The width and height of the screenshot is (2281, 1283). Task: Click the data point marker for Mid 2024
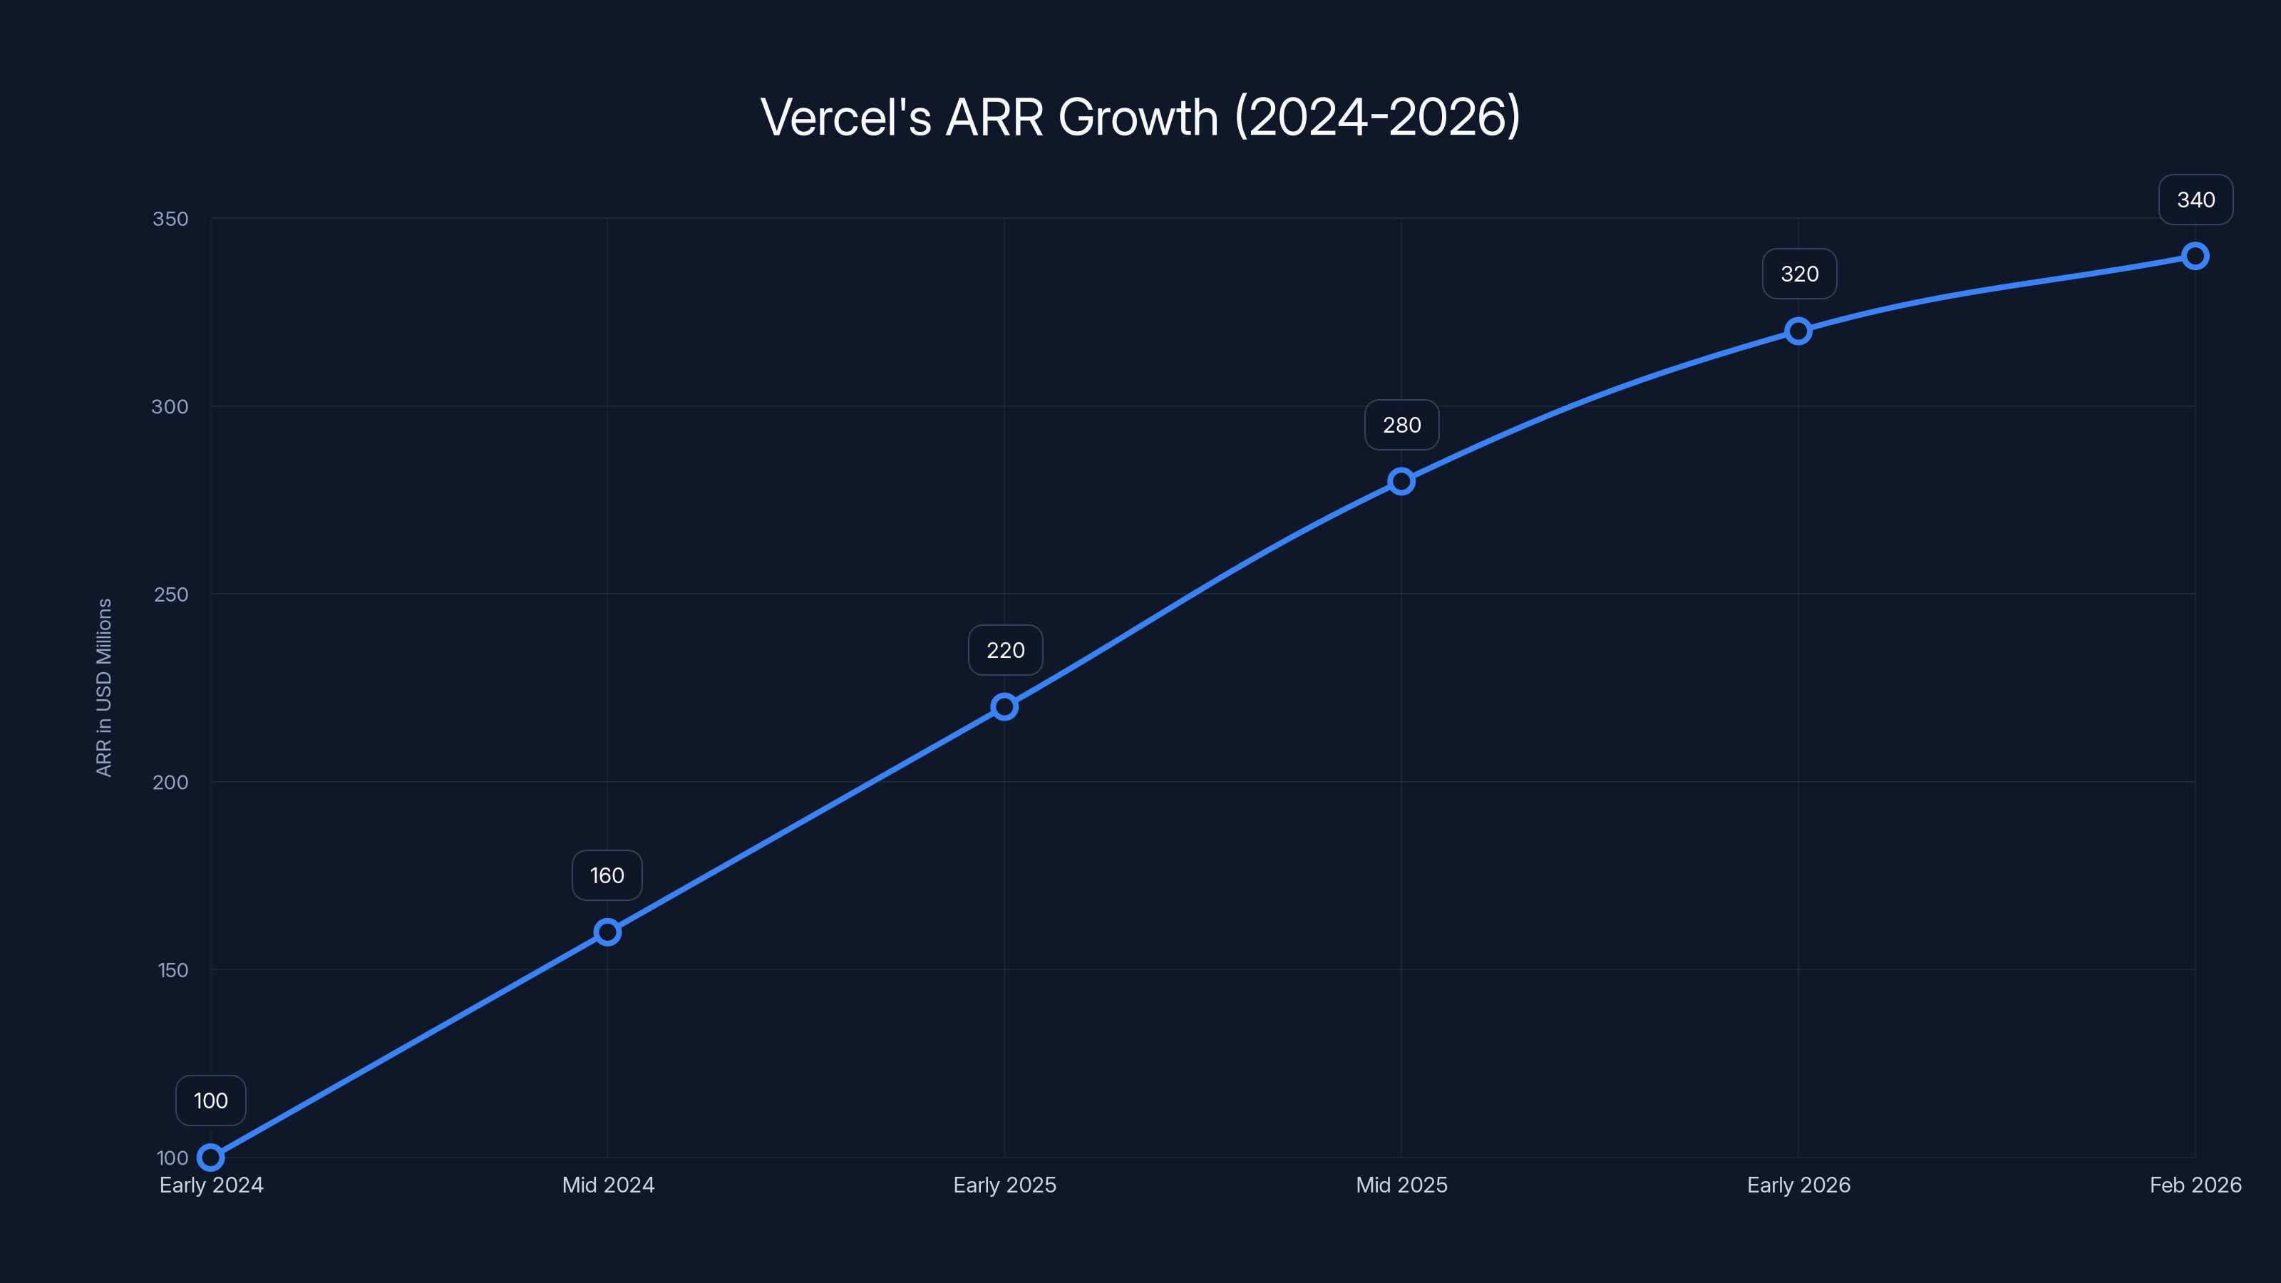[x=607, y=932]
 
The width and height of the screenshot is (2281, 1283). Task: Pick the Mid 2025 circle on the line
[x=1401, y=482]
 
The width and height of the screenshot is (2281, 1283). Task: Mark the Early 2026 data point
[x=1798, y=331]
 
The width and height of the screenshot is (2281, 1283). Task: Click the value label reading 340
[x=2196, y=200]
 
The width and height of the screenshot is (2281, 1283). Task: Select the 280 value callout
[x=1401, y=425]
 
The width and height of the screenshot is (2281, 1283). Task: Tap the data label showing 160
[x=607, y=876]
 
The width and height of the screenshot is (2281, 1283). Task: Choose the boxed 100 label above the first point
[x=211, y=1101]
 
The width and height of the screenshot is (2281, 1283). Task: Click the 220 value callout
[x=1005, y=650]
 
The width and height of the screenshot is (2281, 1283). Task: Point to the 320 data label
[x=1799, y=274]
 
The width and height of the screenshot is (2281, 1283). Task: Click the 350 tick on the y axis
[x=170, y=219]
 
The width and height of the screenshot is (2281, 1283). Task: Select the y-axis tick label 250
[x=171, y=594]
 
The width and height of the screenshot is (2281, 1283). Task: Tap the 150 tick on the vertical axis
[x=173, y=970]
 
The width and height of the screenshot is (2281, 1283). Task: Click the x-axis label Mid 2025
[x=1401, y=1185]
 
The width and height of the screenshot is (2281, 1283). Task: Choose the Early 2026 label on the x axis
[x=1798, y=1185]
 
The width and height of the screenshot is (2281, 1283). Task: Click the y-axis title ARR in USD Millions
[x=103, y=687]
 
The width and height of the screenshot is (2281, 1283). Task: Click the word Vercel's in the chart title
[x=845, y=117]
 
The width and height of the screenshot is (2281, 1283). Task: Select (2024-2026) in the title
[x=1377, y=117]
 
